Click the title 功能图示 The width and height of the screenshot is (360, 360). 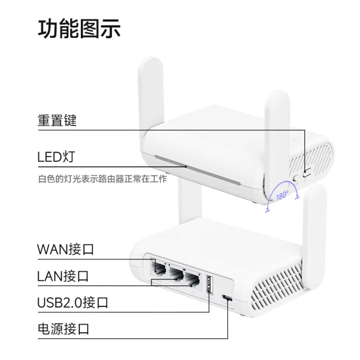tap(79, 28)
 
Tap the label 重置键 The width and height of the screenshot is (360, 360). tap(57, 120)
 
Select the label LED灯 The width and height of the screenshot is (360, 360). tap(56, 157)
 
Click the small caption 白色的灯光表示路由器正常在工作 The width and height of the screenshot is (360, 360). tap(103, 179)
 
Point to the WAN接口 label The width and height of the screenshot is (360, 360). tap(66, 249)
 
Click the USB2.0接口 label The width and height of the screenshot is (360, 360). tap(73, 302)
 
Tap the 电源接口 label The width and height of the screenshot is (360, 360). tap(64, 329)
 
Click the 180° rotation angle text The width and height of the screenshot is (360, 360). tap(282, 196)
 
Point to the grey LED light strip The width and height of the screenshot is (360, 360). tap(198, 170)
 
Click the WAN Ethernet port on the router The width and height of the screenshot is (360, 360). tap(158, 269)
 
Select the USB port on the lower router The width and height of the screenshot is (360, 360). tap(210, 285)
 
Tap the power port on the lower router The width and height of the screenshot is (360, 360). tap(227, 298)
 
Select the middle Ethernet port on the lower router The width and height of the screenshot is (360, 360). tap(176, 274)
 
